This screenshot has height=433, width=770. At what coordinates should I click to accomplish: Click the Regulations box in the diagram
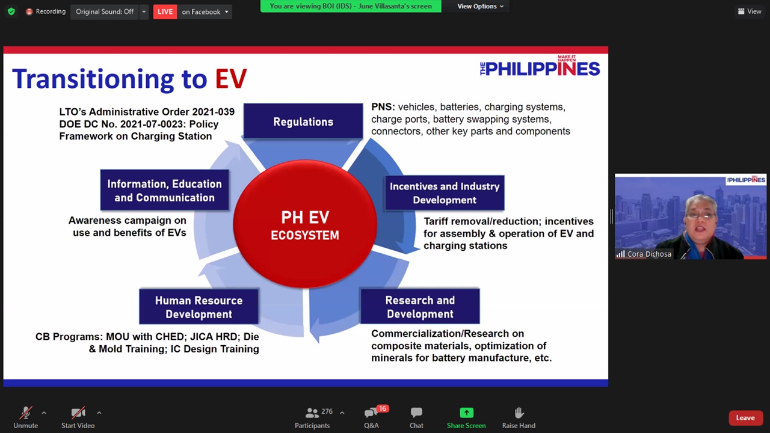point(303,121)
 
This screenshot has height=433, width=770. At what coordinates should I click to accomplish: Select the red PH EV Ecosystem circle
point(305,224)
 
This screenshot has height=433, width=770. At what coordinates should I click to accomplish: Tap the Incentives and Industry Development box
point(445,193)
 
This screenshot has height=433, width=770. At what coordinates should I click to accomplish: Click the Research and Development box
point(420,307)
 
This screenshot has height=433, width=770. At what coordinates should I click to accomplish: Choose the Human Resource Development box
point(199,307)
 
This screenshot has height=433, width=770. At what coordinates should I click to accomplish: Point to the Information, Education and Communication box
point(165,190)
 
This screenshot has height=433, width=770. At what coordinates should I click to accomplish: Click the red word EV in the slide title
point(231,79)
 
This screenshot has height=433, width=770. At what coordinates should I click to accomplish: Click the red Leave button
point(745,418)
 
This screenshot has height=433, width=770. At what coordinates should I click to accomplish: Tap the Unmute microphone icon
point(25,413)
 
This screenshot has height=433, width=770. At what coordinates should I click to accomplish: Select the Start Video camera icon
point(78,413)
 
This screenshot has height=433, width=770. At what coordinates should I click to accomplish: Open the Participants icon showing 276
point(312,413)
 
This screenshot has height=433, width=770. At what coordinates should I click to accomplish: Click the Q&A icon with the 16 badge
point(371,413)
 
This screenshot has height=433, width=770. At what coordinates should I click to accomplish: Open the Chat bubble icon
point(416,412)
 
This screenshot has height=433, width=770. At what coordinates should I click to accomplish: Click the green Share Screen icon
point(466,413)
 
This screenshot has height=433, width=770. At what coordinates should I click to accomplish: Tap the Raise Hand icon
point(519,413)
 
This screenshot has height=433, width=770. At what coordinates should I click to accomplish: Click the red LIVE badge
point(165,11)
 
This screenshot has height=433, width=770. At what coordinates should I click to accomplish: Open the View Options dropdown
point(480,6)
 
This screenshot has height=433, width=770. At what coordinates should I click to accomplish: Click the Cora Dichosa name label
point(649,254)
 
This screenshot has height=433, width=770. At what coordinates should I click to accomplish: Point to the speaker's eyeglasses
point(700,215)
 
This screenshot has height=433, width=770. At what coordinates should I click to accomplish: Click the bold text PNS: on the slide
point(383,107)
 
